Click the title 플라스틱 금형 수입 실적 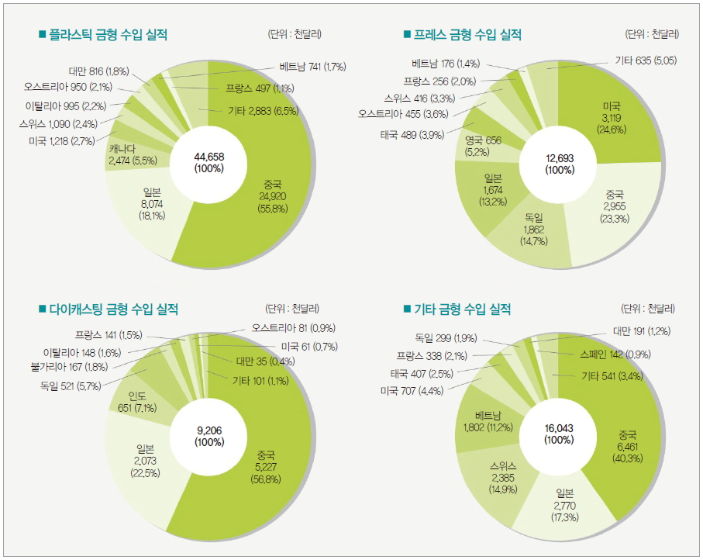click(109, 35)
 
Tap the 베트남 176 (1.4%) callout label click(447, 63)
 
